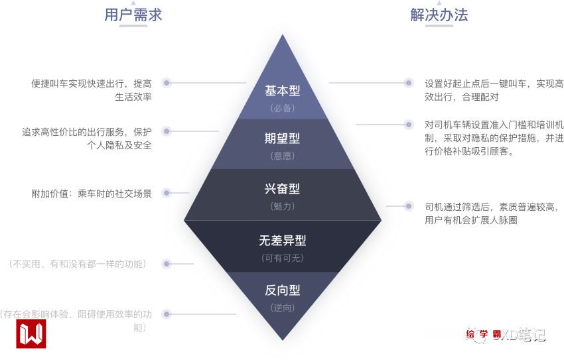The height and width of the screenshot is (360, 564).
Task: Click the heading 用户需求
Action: pyautogui.click(x=133, y=15)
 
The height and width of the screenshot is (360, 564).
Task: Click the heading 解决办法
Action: pyautogui.click(x=439, y=15)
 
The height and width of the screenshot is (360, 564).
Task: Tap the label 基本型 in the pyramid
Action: pyautogui.click(x=283, y=90)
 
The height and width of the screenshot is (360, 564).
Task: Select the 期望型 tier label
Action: pyautogui.click(x=283, y=139)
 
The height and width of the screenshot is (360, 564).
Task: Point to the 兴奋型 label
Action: pyautogui.click(x=283, y=188)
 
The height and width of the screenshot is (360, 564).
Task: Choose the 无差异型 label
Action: pyautogui.click(x=283, y=241)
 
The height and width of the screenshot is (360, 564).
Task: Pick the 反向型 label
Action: pyautogui.click(x=283, y=290)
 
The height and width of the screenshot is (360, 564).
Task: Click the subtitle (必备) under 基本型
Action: pyautogui.click(x=283, y=107)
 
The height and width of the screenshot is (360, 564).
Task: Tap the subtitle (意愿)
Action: pyautogui.click(x=283, y=156)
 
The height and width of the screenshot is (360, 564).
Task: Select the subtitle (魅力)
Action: pyautogui.click(x=283, y=206)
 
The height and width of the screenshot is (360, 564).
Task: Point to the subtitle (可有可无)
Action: pyautogui.click(x=283, y=258)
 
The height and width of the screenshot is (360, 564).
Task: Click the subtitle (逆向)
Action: pyautogui.click(x=283, y=308)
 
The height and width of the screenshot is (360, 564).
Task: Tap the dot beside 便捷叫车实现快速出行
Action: pyautogui.click(x=167, y=83)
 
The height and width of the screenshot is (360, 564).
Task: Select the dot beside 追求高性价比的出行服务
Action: pyautogui.click(x=167, y=131)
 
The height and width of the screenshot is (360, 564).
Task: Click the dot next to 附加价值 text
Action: pyautogui.click(x=167, y=193)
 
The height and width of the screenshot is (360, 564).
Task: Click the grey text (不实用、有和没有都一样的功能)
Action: pyautogui.click(x=78, y=264)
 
